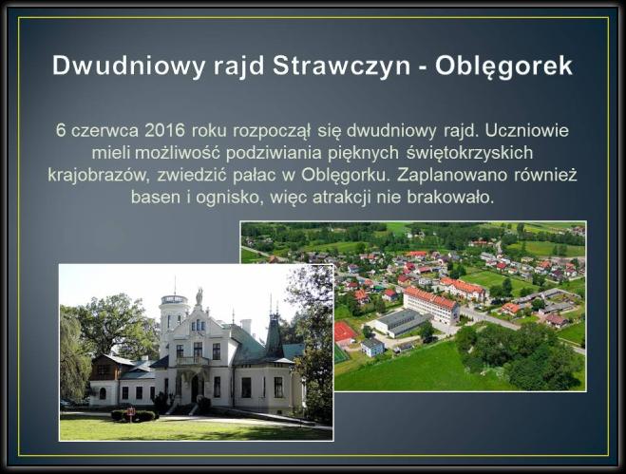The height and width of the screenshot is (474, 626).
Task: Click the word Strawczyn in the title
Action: [x=341, y=66]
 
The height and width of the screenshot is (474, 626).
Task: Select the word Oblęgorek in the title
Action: [x=503, y=66]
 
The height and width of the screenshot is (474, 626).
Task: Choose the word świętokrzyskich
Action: [x=469, y=153]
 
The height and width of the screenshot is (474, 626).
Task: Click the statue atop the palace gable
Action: [x=199, y=296]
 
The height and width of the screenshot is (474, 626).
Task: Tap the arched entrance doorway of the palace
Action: [x=196, y=389]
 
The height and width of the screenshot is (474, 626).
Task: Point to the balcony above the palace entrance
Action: [x=193, y=361]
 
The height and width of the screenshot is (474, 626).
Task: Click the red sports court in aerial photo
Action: [x=344, y=332]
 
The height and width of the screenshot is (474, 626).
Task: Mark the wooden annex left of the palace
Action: [x=104, y=367]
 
